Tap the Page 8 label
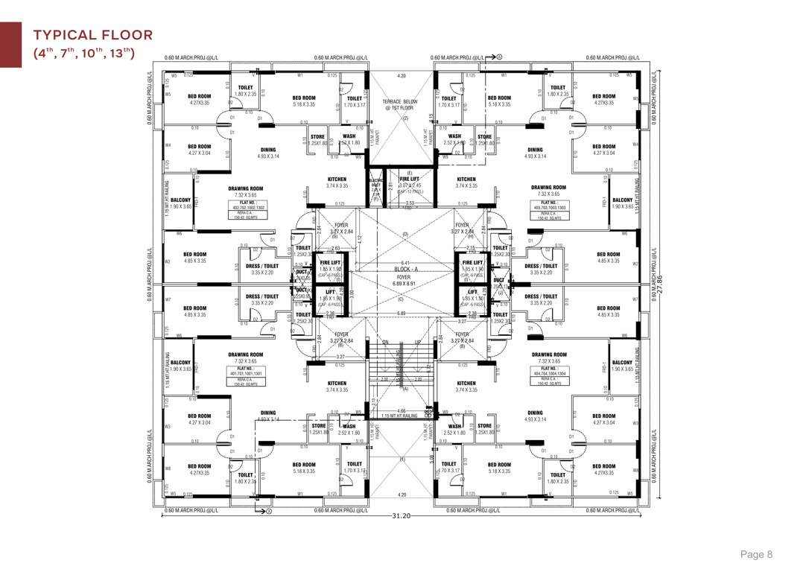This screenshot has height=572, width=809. (x=756, y=554)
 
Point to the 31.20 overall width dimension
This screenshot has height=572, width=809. (x=402, y=515)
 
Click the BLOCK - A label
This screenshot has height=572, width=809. (x=404, y=270)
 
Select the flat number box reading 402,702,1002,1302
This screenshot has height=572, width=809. (x=248, y=205)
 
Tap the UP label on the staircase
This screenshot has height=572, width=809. (x=418, y=343)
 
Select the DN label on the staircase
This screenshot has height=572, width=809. (x=386, y=343)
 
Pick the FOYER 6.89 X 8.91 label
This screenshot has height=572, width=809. (x=404, y=282)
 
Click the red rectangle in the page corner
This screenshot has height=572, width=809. (x=10, y=45)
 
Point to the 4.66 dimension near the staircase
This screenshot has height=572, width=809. (x=402, y=410)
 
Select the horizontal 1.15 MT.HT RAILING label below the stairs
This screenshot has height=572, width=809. (x=399, y=416)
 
